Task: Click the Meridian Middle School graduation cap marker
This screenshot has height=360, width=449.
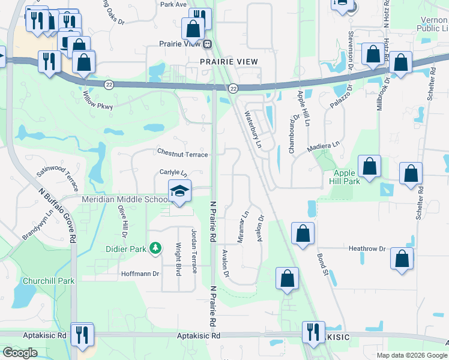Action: [179, 191]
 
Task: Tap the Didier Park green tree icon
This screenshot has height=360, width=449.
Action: [155, 247]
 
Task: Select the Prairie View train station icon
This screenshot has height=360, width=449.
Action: [207, 44]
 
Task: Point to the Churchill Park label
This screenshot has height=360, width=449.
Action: [48, 281]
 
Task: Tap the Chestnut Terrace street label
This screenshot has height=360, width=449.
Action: [182, 154]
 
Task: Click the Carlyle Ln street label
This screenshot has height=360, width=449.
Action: [173, 172]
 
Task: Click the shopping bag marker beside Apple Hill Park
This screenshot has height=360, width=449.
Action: [370, 166]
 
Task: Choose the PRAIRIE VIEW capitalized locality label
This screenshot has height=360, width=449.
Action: [229, 62]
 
